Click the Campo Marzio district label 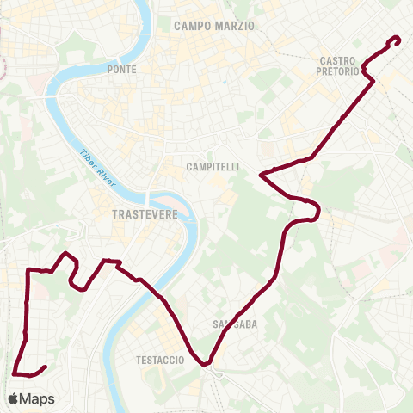coord(214,26)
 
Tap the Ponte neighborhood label coord(121,69)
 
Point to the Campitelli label coord(212,165)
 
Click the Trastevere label coord(145,215)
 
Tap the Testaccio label coord(160,360)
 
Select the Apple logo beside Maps coord(14,398)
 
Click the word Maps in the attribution coord(38,398)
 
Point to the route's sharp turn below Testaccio coord(206,364)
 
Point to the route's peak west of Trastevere coord(65,254)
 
